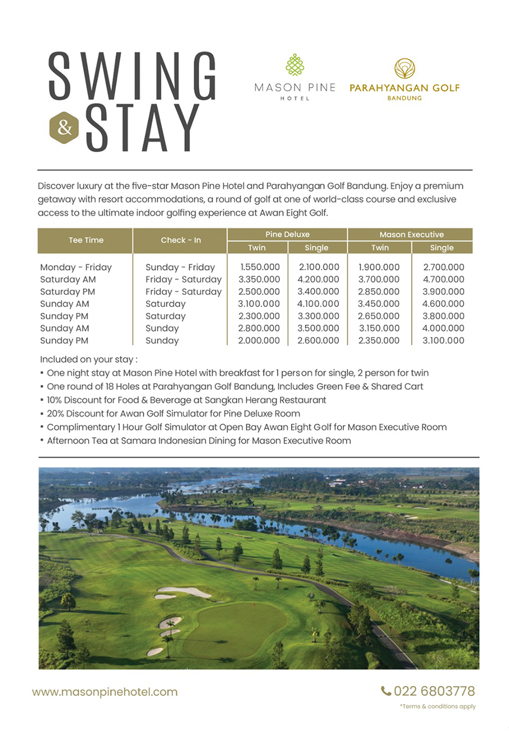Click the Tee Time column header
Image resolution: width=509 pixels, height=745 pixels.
point(86,240)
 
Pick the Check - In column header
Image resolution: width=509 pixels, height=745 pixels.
point(181,240)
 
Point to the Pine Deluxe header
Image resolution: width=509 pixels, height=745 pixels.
point(287,234)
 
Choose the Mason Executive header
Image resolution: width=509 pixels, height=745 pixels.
point(410,234)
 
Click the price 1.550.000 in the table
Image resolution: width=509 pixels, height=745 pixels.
point(259,268)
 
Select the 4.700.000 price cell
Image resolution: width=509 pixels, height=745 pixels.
point(443,279)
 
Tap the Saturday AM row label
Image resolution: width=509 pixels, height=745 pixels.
point(68,279)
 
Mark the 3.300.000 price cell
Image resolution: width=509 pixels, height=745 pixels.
point(318,316)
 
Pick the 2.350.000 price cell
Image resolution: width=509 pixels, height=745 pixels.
point(379,340)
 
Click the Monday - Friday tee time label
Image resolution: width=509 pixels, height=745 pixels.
point(76,268)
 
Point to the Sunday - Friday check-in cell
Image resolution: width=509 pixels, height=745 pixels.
point(180,268)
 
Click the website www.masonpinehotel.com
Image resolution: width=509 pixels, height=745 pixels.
point(105,692)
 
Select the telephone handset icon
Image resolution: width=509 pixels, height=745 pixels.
point(386,691)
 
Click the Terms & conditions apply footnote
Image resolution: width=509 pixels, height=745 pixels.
point(438,707)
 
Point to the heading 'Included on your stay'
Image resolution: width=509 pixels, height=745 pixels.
point(89,359)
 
